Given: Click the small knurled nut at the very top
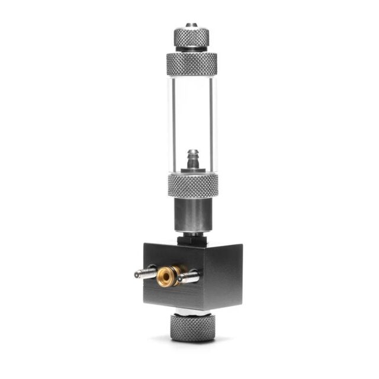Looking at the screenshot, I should point(191,37).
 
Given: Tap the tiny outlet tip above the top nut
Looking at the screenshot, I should point(191,25).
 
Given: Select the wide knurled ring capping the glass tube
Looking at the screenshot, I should point(191,63).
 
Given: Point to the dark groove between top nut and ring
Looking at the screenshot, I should point(191,50).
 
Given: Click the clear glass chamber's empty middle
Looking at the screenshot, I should point(191,113).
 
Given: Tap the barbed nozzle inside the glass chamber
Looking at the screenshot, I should point(191,159).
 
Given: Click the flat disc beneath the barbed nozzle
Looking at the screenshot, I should point(191,171).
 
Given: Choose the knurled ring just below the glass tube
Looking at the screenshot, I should point(192,185).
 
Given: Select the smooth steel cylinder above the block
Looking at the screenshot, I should point(192,214).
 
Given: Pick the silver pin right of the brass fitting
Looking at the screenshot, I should point(188,276).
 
